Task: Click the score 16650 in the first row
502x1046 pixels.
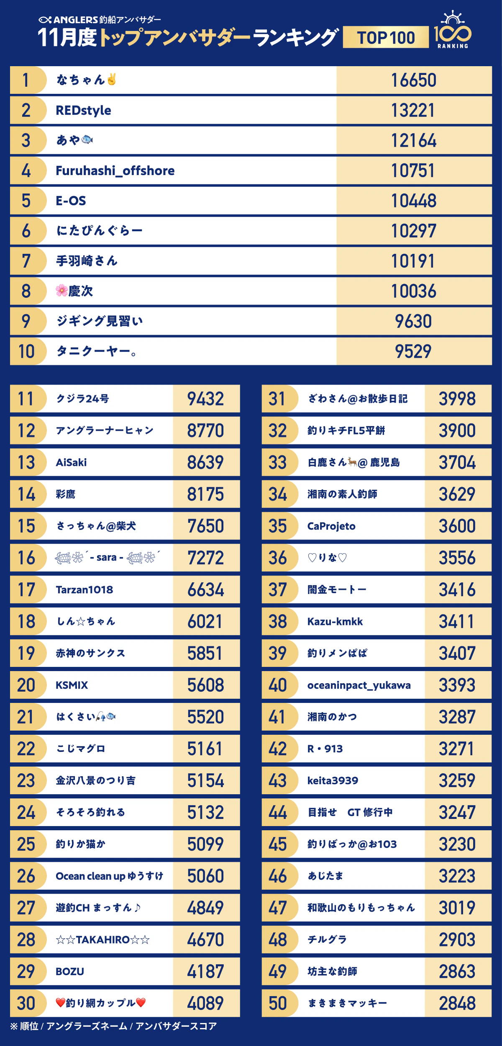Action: pyautogui.click(x=413, y=80)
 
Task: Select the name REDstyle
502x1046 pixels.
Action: pyautogui.click(x=83, y=110)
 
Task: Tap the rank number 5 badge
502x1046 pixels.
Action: pyautogui.click(x=26, y=201)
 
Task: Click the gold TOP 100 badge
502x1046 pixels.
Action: pyautogui.click(x=386, y=37)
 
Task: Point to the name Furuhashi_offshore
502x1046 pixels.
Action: pyautogui.click(x=115, y=170)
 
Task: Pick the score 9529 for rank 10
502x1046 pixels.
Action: pyautogui.click(x=413, y=351)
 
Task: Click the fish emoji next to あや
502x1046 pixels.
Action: pyautogui.click(x=87, y=139)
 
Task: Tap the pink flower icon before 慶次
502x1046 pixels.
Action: pyautogui.click(x=61, y=290)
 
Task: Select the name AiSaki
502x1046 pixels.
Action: pyautogui.click(x=71, y=462)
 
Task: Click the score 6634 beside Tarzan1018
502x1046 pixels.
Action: pyautogui.click(x=205, y=590)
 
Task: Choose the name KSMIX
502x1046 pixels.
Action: pyautogui.click(x=72, y=685)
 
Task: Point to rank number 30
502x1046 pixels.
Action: pyautogui.click(x=26, y=1003)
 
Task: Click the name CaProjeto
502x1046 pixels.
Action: pyautogui.click(x=331, y=526)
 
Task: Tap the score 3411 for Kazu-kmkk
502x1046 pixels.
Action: pyautogui.click(x=457, y=622)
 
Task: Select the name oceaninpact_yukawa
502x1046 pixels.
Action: pyautogui.click(x=359, y=685)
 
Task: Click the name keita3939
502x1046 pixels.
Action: pyautogui.click(x=333, y=780)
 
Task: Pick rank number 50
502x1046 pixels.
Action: pyautogui.click(x=278, y=1003)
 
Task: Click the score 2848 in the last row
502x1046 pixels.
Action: pyautogui.click(x=457, y=1003)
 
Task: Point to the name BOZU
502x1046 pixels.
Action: pyautogui.click(x=70, y=971)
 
